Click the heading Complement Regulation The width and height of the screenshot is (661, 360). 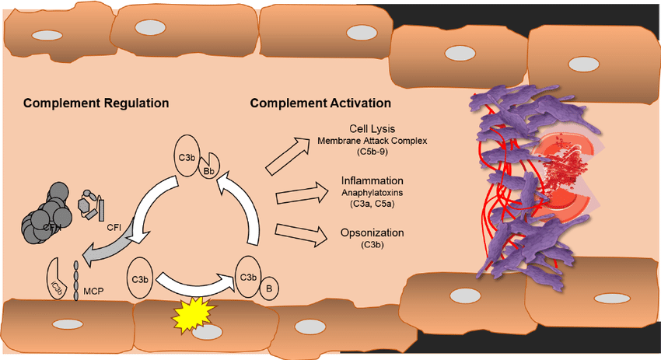(96, 103)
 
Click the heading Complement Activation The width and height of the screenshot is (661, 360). (320, 103)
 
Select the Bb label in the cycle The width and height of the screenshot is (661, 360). (208, 171)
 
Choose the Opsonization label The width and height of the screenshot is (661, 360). (367, 233)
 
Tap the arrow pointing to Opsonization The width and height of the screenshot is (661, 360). (299, 233)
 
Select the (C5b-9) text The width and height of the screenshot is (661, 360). (367, 152)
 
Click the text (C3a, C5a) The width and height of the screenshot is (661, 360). (367, 204)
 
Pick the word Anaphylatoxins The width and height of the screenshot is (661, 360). (367, 193)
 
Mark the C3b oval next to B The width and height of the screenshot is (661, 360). (247, 276)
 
